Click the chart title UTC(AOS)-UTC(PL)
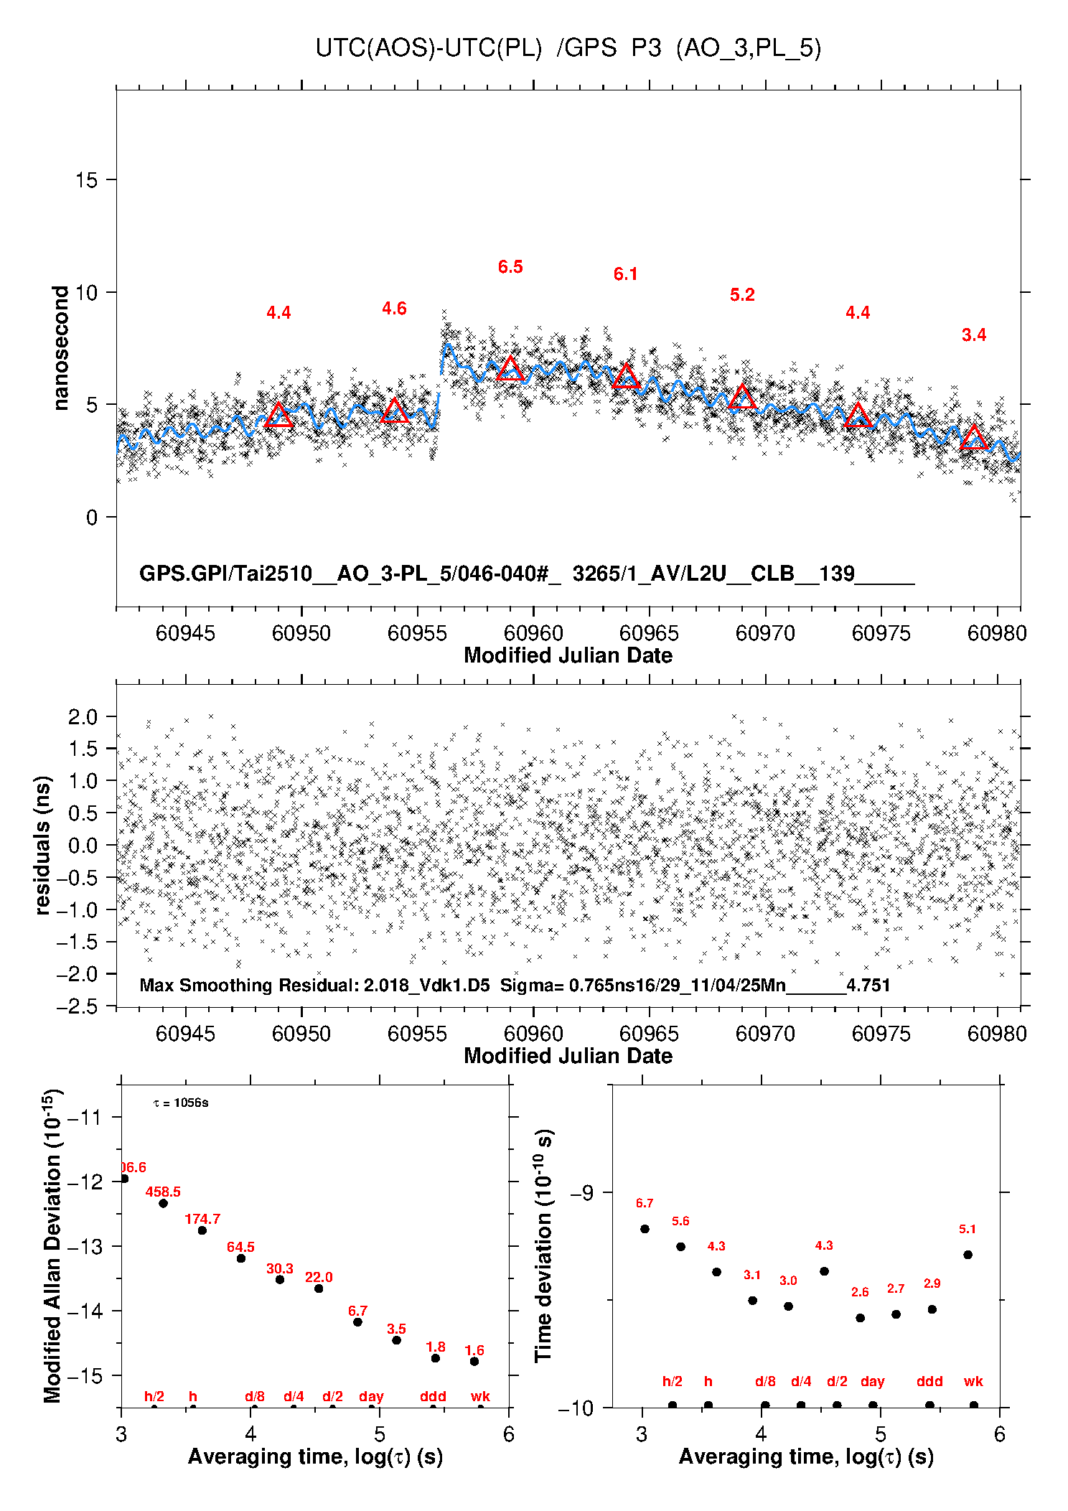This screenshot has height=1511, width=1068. [x=428, y=48]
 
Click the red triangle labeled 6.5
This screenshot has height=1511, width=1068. [x=510, y=368]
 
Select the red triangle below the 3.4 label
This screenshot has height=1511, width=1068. [x=974, y=437]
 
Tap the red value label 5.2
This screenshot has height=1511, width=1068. [x=742, y=295]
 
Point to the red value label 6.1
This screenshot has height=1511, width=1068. [x=625, y=274]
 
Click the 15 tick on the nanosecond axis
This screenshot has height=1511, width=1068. [x=86, y=180]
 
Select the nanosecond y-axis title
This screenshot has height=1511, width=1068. [x=60, y=348]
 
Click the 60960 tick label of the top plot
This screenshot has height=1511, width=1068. [x=533, y=633]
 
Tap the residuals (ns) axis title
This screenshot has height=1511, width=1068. [x=42, y=845]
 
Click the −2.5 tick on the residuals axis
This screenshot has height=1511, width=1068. [x=78, y=1006]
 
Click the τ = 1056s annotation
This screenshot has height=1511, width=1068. [x=181, y=1103]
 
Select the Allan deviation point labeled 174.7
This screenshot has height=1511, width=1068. [x=202, y=1230]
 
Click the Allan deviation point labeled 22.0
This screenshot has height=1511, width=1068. [x=319, y=1288]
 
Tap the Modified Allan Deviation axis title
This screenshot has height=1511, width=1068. [x=52, y=1245]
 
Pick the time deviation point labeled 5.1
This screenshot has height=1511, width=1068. [x=968, y=1255]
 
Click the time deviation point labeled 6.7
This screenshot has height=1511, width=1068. [x=645, y=1229]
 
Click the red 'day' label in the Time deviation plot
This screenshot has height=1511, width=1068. [x=872, y=1381]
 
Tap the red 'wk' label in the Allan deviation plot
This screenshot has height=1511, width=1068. [x=480, y=1396]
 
